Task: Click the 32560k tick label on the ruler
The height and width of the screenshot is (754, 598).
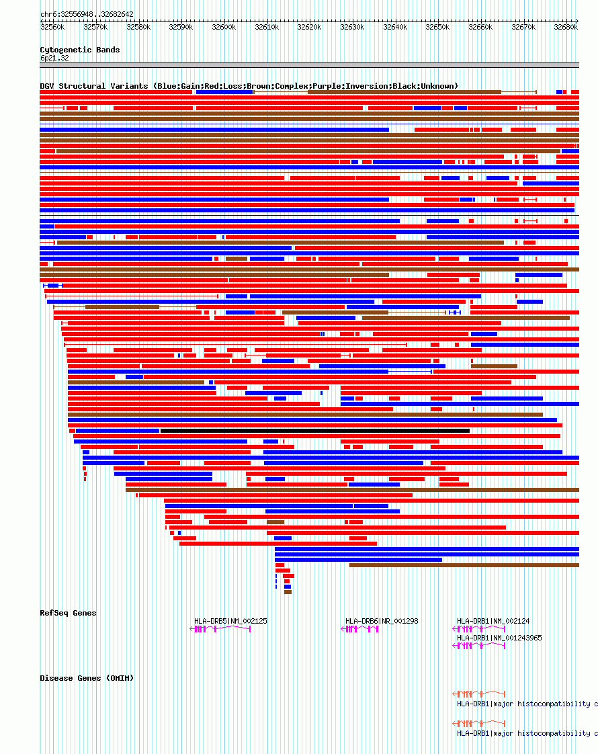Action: [52, 28]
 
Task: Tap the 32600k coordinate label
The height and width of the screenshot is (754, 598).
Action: [224, 28]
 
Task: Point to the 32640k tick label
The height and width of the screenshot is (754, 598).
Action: [395, 28]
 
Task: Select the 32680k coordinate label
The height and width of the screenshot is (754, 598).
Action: [566, 28]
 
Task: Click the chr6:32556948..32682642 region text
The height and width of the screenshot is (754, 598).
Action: [87, 14]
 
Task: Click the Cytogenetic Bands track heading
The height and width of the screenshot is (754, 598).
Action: [80, 50]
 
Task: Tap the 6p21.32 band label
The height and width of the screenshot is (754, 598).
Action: [54, 58]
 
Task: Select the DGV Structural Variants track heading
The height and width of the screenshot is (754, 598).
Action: [249, 86]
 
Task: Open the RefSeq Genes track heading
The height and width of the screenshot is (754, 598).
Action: [68, 613]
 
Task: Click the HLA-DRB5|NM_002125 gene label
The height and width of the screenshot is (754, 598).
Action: [230, 621]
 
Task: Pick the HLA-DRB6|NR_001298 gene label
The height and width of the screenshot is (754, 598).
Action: [382, 621]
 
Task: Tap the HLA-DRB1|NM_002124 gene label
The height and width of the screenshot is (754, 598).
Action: [493, 621]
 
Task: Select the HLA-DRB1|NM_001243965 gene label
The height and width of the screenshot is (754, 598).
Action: [499, 638]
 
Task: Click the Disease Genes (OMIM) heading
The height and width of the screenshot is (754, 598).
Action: [87, 678]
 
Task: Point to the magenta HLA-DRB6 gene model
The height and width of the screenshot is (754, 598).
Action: [360, 629]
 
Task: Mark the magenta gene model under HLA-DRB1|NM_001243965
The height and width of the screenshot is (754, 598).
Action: [479, 646]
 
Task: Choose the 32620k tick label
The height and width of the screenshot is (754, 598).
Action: [309, 28]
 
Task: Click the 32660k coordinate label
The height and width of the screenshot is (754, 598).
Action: [480, 28]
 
